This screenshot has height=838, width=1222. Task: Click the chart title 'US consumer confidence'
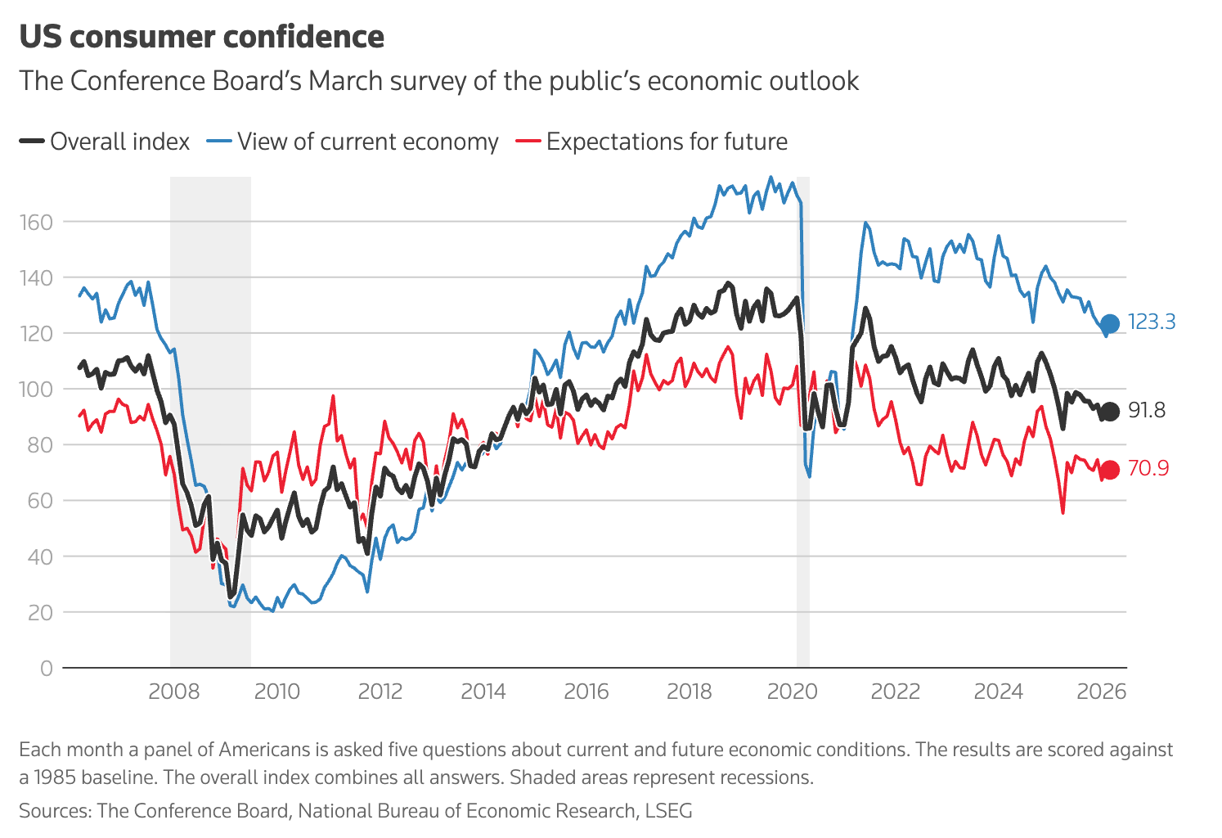[x=201, y=37]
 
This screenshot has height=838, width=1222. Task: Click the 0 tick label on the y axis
[x=46, y=669]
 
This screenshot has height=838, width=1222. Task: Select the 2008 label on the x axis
[x=173, y=692]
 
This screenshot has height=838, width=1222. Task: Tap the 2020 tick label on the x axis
[x=792, y=692]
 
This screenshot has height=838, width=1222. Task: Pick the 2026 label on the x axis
[x=1101, y=692]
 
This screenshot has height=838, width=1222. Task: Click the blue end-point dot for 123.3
[x=1109, y=324]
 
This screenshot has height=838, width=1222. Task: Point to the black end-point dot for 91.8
[x=1109, y=412]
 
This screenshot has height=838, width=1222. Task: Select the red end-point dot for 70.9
[x=1109, y=470]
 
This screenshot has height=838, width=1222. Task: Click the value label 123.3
[x=1152, y=322]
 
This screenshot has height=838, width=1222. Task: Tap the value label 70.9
[x=1148, y=469]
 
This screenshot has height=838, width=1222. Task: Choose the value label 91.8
[x=1147, y=411]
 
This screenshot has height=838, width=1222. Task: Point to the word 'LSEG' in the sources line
[x=668, y=811]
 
